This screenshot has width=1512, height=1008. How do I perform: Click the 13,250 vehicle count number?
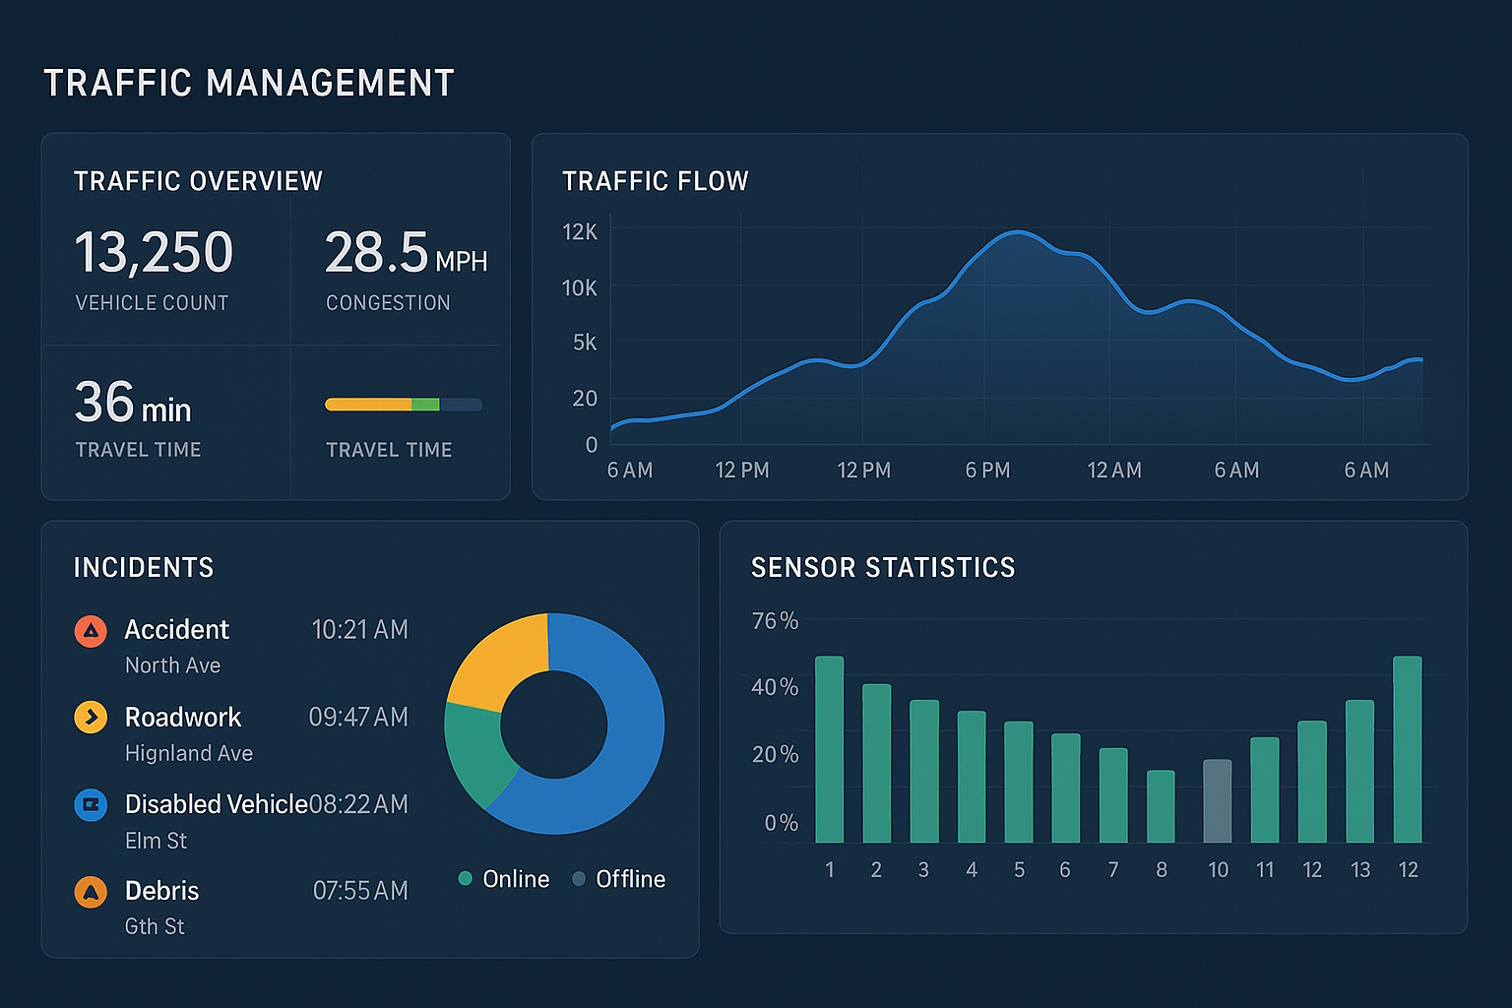tap(154, 252)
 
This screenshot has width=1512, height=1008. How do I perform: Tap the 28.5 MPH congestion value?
tap(405, 253)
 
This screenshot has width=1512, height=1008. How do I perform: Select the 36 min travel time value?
tap(133, 403)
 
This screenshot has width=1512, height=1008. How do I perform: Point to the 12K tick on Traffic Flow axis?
tap(580, 232)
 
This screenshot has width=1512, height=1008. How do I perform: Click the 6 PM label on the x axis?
tap(987, 471)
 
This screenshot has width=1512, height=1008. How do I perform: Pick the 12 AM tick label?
tap(1114, 471)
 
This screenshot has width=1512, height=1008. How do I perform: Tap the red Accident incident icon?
tap(91, 631)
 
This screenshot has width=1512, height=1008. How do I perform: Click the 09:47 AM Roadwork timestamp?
tap(358, 717)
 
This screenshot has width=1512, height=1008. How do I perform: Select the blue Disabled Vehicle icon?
tap(91, 804)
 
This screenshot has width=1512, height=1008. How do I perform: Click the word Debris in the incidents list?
tap(162, 891)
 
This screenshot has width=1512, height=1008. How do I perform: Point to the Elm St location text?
tap(156, 841)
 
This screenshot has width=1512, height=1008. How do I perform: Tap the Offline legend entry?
tap(619, 879)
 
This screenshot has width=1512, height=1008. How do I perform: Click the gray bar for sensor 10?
tap(1218, 801)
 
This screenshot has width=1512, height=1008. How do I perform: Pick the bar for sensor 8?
tap(1161, 806)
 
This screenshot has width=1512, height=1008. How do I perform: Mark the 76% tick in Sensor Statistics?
tap(775, 621)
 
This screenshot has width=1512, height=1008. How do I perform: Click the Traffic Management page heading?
tap(249, 84)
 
